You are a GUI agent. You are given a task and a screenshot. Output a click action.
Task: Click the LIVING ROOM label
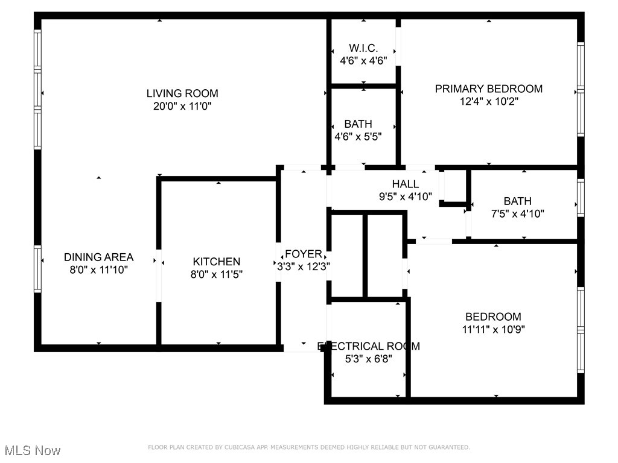pyautogui.click(x=182, y=93)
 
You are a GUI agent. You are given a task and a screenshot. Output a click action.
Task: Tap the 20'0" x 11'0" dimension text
pyautogui.click(x=182, y=107)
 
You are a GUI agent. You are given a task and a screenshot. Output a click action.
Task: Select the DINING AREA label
pyautogui.click(x=98, y=257)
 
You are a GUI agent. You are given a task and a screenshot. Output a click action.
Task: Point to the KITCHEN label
pyautogui.click(x=216, y=262)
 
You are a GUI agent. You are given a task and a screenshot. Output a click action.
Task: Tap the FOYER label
pyautogui.click(x=303, y=254)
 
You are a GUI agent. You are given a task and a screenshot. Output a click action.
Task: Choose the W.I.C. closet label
pyautogui.click(x=363, y=48)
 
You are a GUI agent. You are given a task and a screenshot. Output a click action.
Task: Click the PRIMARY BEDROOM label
pyautogui.click(x=488, y=89)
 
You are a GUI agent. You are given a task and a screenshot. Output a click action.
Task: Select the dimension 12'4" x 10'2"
pyautogui.click(x=488, y=102)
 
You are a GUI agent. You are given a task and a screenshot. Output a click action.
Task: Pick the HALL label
pyautogui.click(x=405, y=184)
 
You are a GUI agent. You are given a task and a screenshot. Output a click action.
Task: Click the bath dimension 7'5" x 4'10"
pyautogui.click(x=517, y=213)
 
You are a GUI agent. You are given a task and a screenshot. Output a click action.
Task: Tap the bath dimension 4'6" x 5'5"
pyautogui.click(x=358, y=137)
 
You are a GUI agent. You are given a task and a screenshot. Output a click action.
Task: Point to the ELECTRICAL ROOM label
pyautogui.click(x=369, y=346)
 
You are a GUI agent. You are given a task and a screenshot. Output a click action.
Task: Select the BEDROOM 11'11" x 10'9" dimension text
pyautogui.click(x=492, y=330)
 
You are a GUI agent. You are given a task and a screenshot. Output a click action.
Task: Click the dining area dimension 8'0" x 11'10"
pyautogui.click(x=98, y=270)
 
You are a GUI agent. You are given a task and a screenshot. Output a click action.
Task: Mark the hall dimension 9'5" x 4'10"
pyautogui.click(x=405, y=196)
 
